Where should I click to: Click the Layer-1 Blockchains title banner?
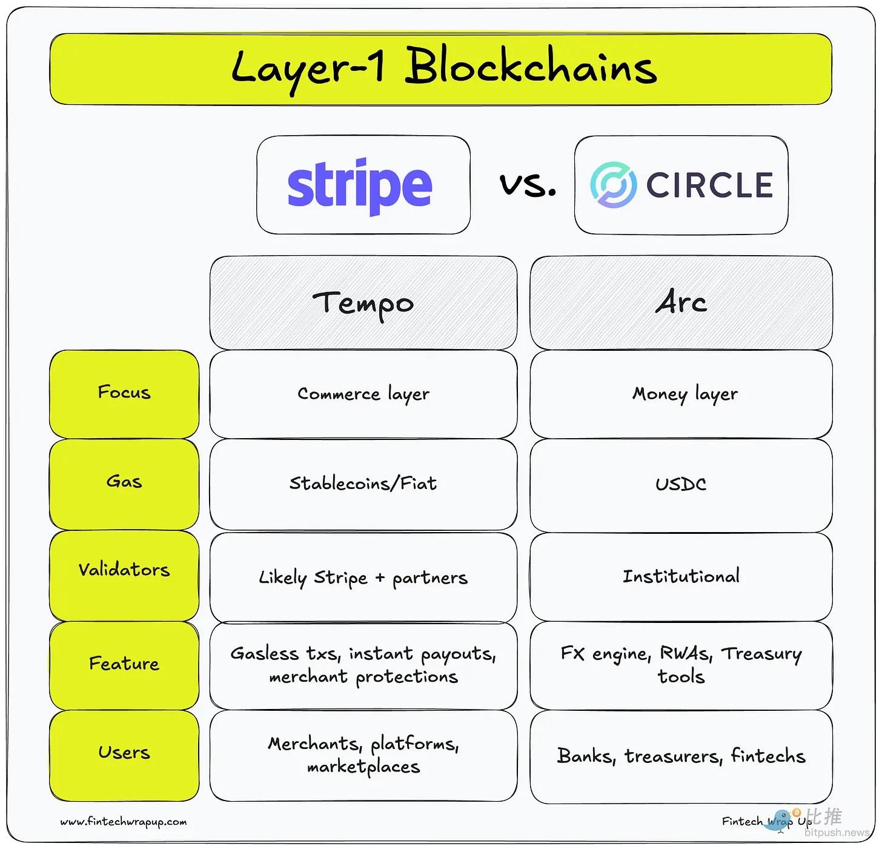pyautogui.click(x=440, y=68)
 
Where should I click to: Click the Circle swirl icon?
pyautogui.click(x=613, y=185)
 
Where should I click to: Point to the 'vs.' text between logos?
pyautogui.click(x=528, y=184)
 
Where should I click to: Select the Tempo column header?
pyautogui.click(x=363, y=302)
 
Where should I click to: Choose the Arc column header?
pyautogui.click(x=681, y=302)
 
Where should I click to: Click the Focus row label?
pyautogui.click(x=124, y=393)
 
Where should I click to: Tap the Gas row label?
pyautogui.click(x=124, y=482)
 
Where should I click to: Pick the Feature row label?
pyautogui.click(x=124, y=664)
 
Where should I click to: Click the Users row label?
pyautogui.click(x=124, y=753)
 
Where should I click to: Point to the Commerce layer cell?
pyautogui.click(x=363, y=394)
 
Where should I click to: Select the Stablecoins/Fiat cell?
pyautogui.click(x=363, y=484)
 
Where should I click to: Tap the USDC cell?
pyautogui.click(x=681, y=484)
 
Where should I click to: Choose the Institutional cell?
pyautogui.click(x=681, y=576)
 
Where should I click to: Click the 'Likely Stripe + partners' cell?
pyautogui.click(x=363, y=578)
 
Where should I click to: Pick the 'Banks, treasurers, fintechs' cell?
pyautogui.click(x=681, y=756)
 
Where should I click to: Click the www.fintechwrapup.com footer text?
pyautogui.click(x=124, y=822)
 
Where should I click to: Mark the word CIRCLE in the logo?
pyautogui.click(x=709, y=185)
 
